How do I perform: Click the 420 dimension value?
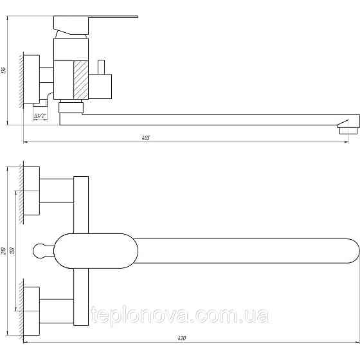[181, 339]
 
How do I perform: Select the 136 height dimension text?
[4, 70]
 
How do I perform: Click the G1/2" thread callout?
[39, 116]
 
